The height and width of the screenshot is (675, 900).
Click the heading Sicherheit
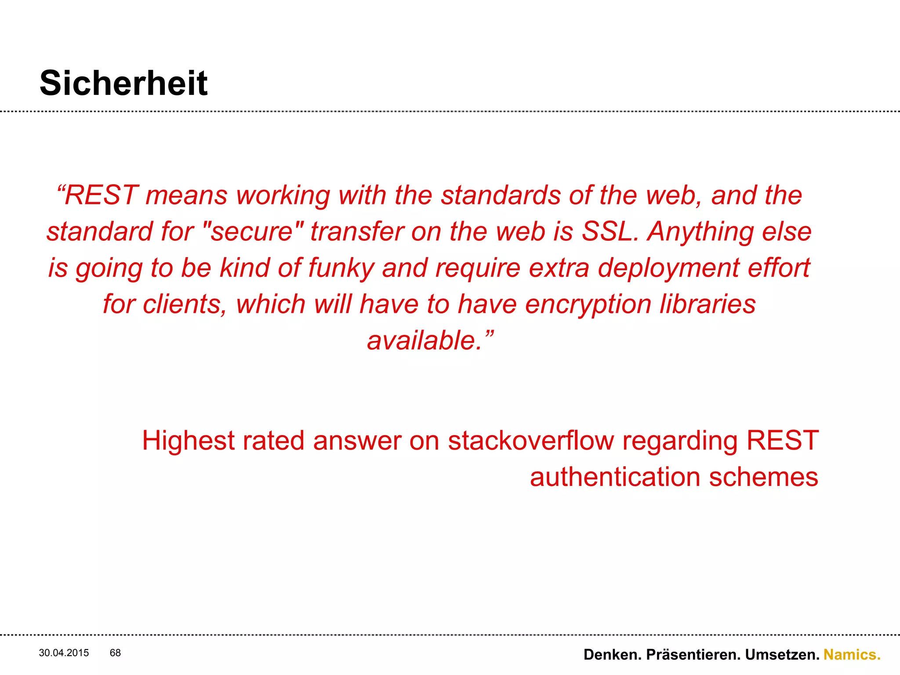[x=123, y=83]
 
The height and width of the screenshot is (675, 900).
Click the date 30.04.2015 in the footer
[x=64, y=653]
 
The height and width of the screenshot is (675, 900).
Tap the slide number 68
[x=115, y=653]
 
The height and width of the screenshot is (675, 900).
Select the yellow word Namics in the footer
[x=852, y=654]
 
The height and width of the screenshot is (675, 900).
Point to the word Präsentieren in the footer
[x=693, y=654]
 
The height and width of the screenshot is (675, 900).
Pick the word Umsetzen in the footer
[x=782, y=654]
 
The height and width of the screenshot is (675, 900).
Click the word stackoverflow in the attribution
[x=531, y=440]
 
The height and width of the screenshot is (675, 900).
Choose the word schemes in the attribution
[x=764, y=477]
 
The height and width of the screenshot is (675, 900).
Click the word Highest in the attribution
[x=188, y=440]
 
